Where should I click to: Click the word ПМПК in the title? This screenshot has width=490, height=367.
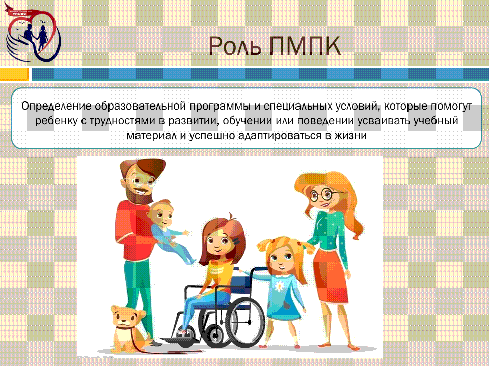coord(305,46)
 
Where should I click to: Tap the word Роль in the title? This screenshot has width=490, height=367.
coord(235,46)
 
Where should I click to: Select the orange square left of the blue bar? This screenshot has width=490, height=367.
coord(14,74)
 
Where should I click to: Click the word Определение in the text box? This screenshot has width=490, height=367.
coord(57,107)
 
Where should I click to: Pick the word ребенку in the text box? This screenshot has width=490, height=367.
coord(56,121)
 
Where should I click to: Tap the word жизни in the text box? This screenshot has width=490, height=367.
coord(350,136)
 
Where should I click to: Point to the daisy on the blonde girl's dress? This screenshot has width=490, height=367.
coord(279,285)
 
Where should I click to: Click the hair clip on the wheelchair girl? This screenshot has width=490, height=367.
coord(236,241)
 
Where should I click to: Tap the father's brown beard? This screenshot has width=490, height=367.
coord(138,194)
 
